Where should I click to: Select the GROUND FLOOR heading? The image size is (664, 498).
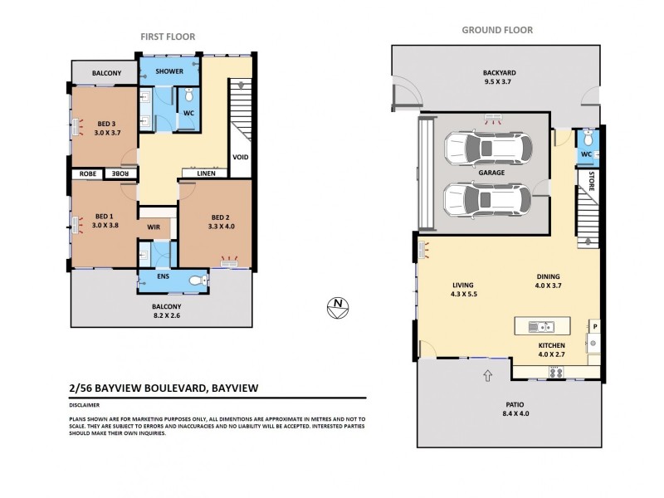(x=497, y=31)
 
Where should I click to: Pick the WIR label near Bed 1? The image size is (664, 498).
(x=153, y=226)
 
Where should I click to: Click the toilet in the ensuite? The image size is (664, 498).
(x=197, y=281)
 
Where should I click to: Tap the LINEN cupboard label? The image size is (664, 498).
(x=207, y=173)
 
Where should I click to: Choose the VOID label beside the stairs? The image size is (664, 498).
(x=241, y=157)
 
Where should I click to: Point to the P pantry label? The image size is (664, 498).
(x=593, y=325)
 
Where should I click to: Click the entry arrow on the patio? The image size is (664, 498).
(x=486, y=377)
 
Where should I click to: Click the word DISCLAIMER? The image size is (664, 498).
(x=85, y=405)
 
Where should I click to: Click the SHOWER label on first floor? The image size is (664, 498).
(x=169, y=71)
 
